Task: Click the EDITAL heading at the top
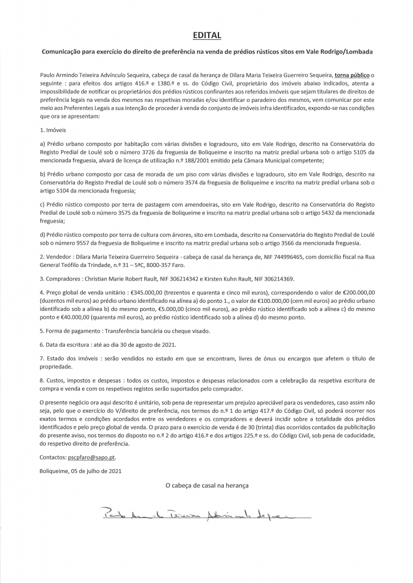click(206, 35)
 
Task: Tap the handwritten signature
click(194, 515)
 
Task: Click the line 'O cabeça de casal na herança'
click(206, 486)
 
